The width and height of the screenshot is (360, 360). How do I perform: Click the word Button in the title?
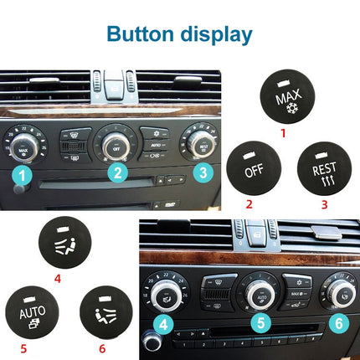pyautogui.click(x=137, y=33)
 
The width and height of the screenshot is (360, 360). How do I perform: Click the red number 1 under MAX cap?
pyautogui.click(x=283, y=132)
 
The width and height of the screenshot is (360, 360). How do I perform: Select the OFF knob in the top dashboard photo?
pyautogui.click(x=118, y=145)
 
